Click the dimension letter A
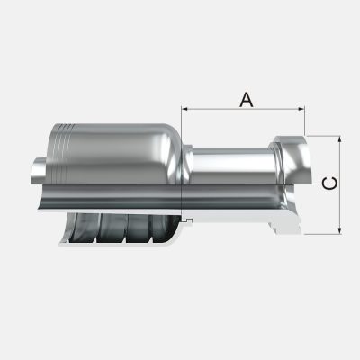coord(244,98)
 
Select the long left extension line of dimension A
coord(183,162)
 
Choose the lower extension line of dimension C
coord(324,234)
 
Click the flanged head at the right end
coord(290,162)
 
